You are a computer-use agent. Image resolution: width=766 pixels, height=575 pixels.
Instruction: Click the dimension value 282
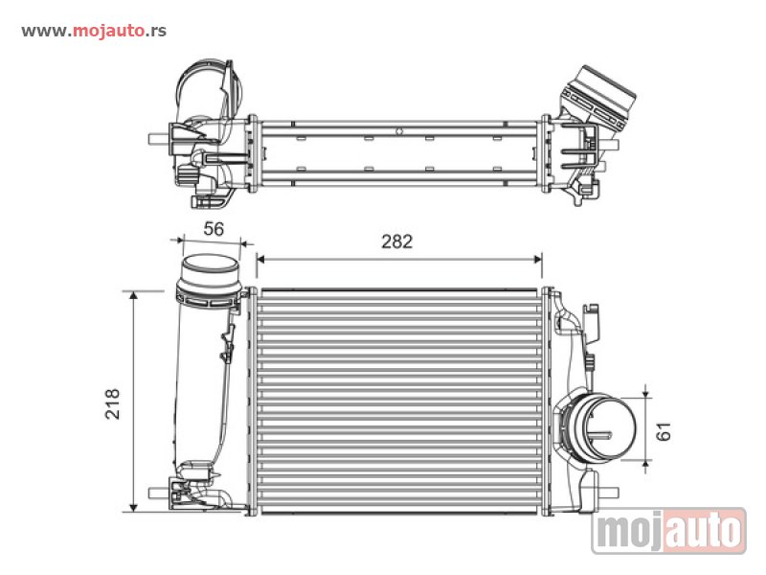[x=396, y=241]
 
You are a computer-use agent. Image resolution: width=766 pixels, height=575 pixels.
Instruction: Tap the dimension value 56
[x=214, y=229]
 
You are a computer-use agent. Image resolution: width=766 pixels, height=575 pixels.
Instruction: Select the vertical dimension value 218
[x=112, y=403]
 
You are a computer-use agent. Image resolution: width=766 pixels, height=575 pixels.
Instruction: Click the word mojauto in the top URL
[x=108, y=31]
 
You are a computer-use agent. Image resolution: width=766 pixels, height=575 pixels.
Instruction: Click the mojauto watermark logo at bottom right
[x=668, y=531]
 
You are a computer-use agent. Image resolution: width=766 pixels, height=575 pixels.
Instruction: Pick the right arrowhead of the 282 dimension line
[x=538, y=259]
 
